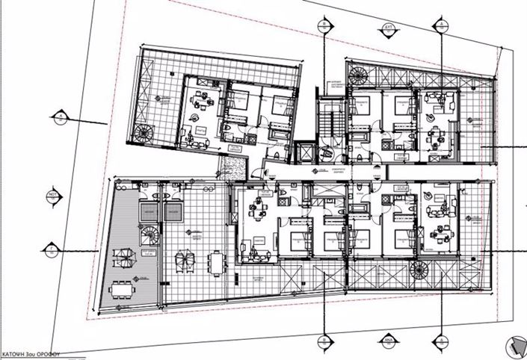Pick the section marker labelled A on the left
pyautogui.click(x=58, y=115)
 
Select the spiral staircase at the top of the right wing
pyautogui.click(x=361, y=75)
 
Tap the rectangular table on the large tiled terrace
pyautogui.click(x=217, y=262)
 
